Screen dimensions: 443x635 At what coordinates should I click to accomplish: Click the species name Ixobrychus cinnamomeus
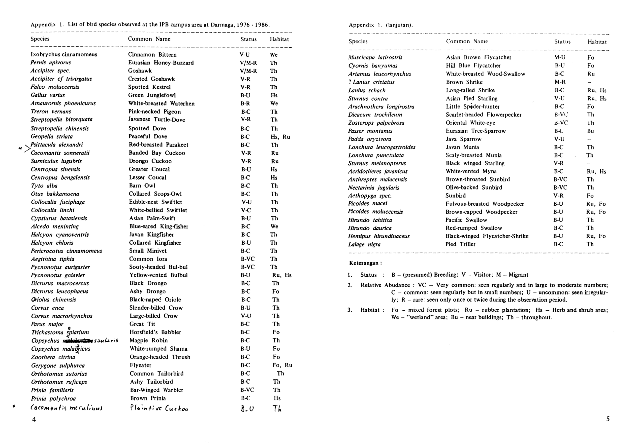pyautogui.click(x=64, y=55)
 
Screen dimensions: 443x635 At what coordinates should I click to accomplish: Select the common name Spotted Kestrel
pyautogui.click(x=149, y=87)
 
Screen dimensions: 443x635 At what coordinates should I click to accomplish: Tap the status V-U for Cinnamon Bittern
pyautogui.click(x=245, y=55)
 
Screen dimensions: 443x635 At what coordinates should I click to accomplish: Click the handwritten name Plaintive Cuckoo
pyautogui.click(x=159, y=408)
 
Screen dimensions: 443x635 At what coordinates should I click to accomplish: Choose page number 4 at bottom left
pyautogui.click(x=34, y=419)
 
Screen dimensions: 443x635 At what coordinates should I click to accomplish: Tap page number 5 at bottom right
pyautogui.click(x=608, y=419)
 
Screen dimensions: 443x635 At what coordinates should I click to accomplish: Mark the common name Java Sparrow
pyautogui.click(x=464, y=139)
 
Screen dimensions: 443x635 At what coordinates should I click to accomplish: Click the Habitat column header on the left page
pyautogui.click(x=279, y=39)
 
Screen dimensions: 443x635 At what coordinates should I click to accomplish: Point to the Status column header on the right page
pyautogui.click(x=562, y=42)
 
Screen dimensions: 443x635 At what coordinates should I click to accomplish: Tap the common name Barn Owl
pyautogui.click(x=142, y=185)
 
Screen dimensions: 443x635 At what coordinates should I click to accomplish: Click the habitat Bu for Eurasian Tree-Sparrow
pyautogui.click(x=590, y=131)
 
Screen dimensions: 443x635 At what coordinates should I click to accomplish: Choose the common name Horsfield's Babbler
pyautogui.click(x=155, y=332)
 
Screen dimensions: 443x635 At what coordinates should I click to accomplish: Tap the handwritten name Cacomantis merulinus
pyautogui.click(x=66, y=408)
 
